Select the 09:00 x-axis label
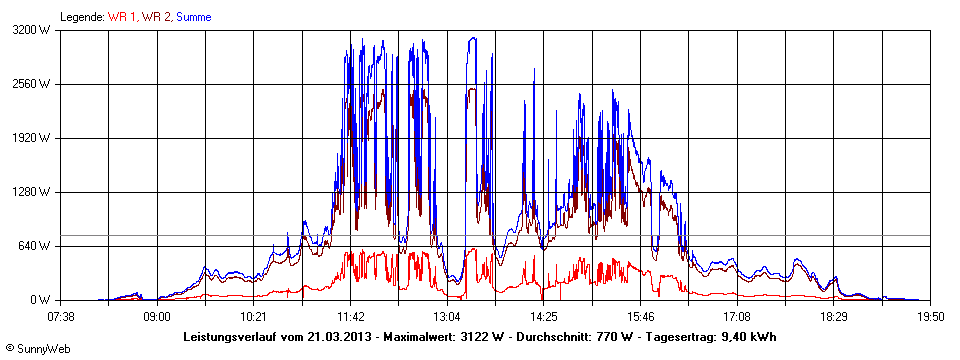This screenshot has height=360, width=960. tap(157, 316)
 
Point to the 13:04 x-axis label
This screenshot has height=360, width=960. tap(447, 316)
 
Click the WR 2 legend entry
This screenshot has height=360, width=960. tap(155, 16)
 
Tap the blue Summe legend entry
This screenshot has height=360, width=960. tap(193, 16)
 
